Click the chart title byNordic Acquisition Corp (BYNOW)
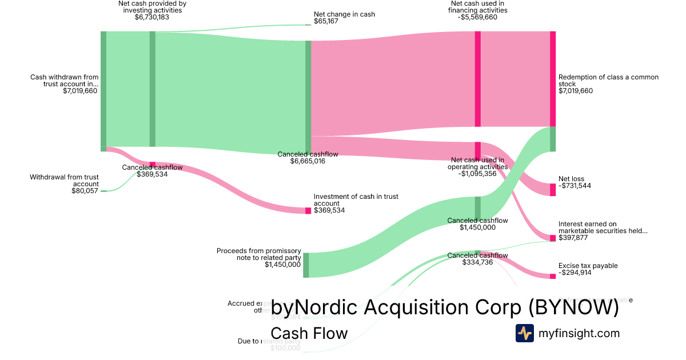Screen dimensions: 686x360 [445, 307]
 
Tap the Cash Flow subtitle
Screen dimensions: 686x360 [309, 333]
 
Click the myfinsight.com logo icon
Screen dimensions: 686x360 [524, 333]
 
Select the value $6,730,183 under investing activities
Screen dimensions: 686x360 [152, 17]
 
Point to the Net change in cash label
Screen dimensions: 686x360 [344, 14]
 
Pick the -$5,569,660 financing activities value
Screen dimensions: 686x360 [477, 17]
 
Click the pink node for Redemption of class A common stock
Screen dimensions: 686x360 [552, 79]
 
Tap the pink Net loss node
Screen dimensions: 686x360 [552, 189]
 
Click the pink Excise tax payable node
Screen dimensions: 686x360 [552, 277]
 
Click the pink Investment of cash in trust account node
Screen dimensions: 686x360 [308, 211]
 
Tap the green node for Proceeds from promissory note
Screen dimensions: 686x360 [306, 265]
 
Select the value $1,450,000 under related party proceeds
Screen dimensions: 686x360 [282, 265]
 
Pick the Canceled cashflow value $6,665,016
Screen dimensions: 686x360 [308, 162]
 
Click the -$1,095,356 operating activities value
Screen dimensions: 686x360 [478, 174]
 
